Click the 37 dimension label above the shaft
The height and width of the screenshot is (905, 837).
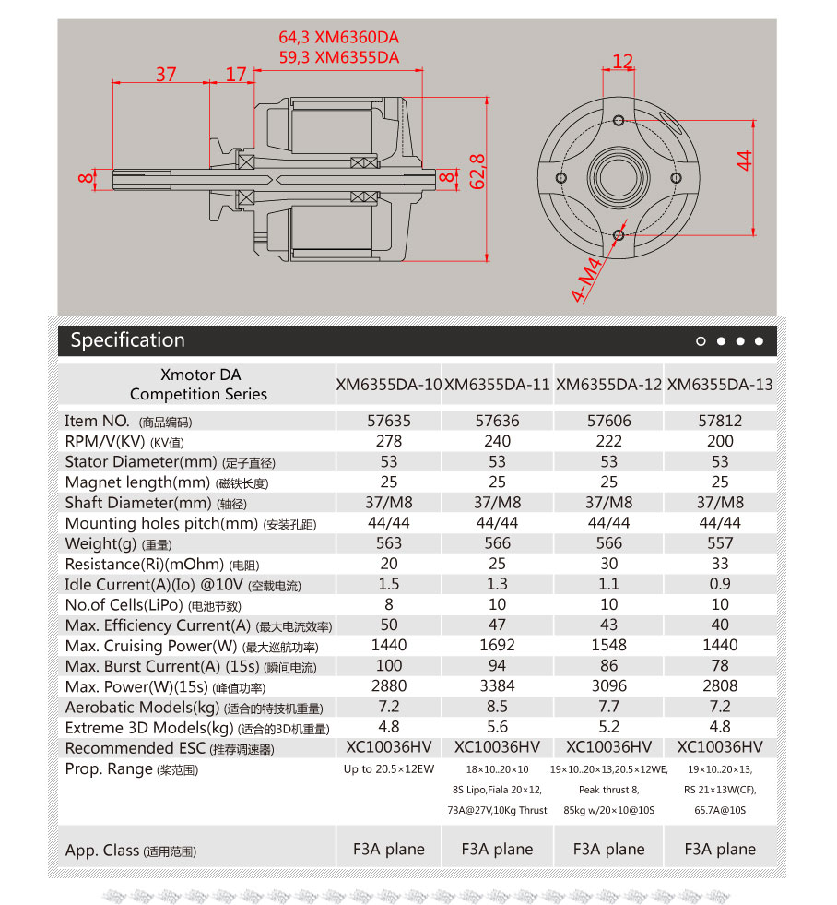(166, 74)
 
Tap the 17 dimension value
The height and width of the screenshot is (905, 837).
(237, 74)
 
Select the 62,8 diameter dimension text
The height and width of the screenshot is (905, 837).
(477, 172)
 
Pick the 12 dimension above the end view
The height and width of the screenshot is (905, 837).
(623, 62)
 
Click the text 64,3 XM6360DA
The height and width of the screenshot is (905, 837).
(338, 38)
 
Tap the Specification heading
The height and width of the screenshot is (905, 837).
(127, 340)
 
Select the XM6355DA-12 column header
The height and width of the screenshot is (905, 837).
(608, 384)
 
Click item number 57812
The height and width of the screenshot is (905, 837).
(720, 421)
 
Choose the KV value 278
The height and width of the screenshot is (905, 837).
(389, 441)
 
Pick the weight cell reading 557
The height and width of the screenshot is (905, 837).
(720, 543)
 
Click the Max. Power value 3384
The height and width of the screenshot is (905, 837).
(497, 686)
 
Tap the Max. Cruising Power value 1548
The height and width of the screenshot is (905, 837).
(608, 646)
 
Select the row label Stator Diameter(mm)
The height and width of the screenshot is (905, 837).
(138, 461)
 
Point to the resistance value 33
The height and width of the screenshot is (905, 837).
(720, 564)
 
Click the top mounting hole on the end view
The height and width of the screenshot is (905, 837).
(619, 120)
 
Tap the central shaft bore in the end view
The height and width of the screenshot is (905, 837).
(619, 176)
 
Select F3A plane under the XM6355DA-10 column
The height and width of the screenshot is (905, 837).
(389, 850)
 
